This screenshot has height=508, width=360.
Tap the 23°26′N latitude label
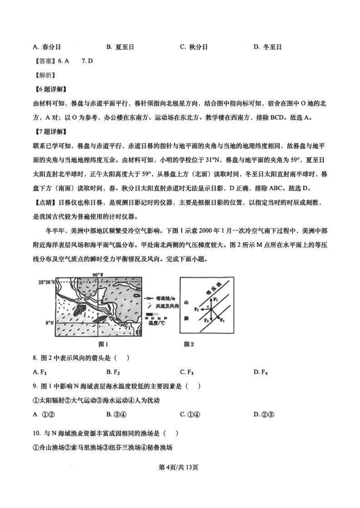click(46, 282)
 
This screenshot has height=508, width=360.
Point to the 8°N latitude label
click(49, 323)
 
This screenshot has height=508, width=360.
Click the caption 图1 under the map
click(103, 344)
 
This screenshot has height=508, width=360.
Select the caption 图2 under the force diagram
click(189, 344)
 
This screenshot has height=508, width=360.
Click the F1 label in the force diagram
click(216, 299)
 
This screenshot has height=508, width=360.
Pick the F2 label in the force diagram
click(197, 310)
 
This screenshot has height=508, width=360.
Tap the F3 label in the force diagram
click(206, 320)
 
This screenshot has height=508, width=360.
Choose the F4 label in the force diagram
click(222, 319)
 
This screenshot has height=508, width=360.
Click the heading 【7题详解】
click(49, 131)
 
